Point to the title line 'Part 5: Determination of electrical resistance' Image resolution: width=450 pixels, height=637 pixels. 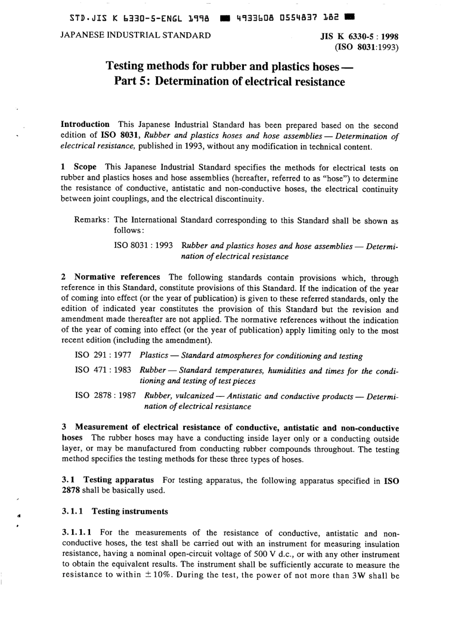pyautogui.click(x=230, y=81)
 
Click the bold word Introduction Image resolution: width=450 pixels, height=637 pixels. pyautogui.click(x=85, y=125)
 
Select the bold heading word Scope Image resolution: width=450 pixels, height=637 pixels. pyautogui.click(x=85, y=167)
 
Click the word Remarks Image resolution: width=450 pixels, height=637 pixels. pyautogui.click(x=92, y=220)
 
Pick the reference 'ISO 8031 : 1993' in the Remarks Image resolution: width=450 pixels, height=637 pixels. pyautogui.click(x=143, y=246)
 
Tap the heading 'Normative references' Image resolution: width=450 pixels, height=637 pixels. pyautogui.click(x=117, y=277)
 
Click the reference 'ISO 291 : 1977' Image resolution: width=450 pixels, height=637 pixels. pyautogui.click(x=103, y=355)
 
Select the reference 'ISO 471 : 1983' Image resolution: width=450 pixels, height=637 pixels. pyautogui.click(x=103, y=370)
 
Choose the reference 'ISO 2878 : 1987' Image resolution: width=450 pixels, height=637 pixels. pyautogui.click(x=105, y=395)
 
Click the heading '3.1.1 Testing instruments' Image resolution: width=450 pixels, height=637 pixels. pyautogui.click(x=115, y=511)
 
